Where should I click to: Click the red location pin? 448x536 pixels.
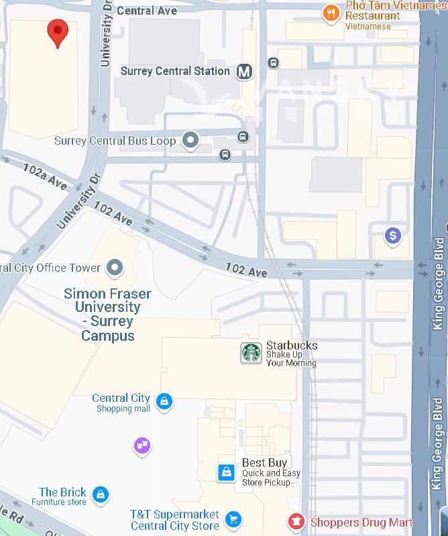coord(58,32)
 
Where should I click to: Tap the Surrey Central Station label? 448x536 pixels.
coord(175,71)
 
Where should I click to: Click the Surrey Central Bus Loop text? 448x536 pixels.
coord(115,141)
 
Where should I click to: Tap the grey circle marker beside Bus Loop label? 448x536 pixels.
coord(191,140)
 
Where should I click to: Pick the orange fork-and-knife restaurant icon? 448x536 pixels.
coord(330,13)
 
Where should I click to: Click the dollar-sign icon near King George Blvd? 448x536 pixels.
coord(392,235)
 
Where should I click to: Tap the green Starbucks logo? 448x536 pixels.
coord(251,353)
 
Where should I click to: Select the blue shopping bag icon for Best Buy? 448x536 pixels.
coord(227,472)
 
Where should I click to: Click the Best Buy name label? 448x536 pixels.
coord(264,463)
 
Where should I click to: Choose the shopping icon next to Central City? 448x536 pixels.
coord(164,402)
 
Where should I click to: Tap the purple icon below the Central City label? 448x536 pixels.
coord(142,445)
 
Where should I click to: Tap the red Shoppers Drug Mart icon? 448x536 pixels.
coord(294,521)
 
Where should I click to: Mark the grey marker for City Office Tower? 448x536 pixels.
coord(116,268)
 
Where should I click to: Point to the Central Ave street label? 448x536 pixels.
coord(147,11)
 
